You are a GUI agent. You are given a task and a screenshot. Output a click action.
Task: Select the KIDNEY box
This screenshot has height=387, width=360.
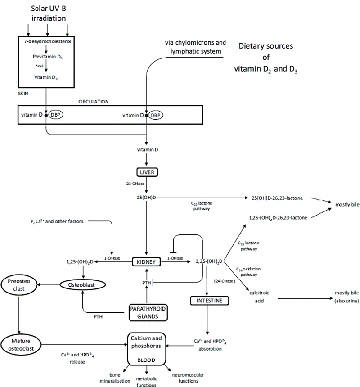point(146,261)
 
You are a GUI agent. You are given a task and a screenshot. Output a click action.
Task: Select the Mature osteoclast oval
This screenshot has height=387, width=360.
point(21,344)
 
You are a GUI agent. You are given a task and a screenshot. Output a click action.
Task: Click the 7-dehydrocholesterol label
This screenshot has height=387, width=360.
point(48,41)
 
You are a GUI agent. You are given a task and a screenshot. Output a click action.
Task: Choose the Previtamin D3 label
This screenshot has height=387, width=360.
point(47,57)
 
